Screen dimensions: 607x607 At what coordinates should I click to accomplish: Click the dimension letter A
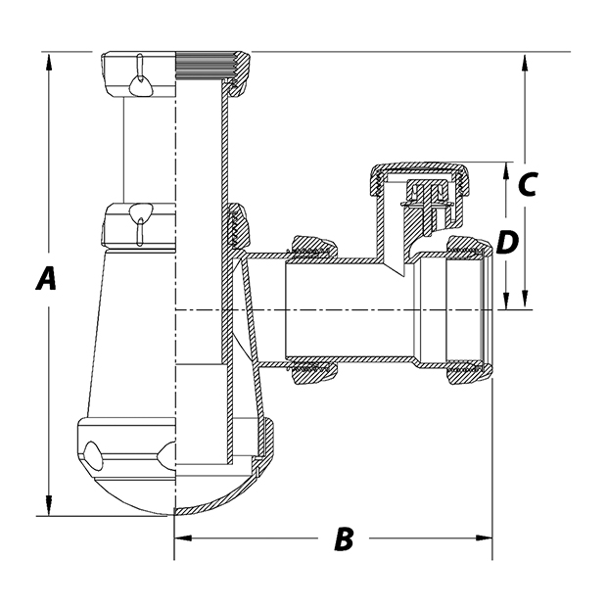46,280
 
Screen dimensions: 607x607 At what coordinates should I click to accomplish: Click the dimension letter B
343,538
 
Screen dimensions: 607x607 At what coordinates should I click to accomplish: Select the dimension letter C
527,183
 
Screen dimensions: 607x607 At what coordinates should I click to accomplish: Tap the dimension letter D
505,242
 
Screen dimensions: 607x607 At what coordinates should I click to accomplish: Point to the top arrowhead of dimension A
46,60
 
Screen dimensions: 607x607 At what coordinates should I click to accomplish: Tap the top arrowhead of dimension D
505,169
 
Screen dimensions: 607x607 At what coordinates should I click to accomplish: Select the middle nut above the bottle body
140,222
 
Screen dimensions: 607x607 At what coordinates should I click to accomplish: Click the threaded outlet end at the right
471,308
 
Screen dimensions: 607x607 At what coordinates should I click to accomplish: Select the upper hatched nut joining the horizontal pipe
311,246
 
